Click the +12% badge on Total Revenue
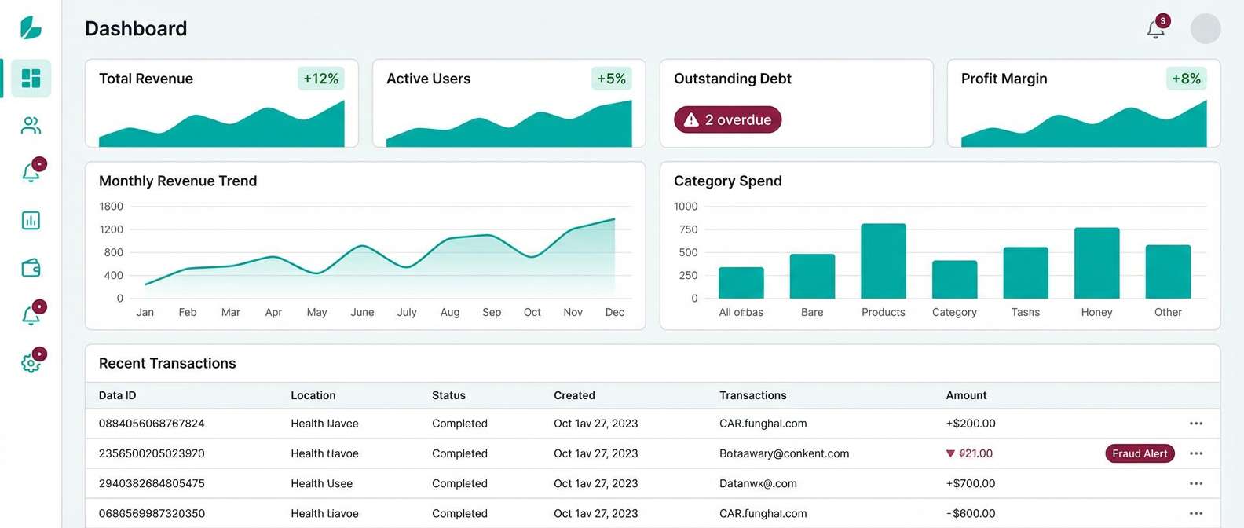[x=320, y=79]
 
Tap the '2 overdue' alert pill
[x=727, y=119]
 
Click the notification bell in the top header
[x=1155, y=29]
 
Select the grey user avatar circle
[x=1205, y=29]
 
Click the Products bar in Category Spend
[x=883, y=261]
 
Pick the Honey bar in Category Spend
[x=1096, y=262]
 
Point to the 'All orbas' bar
[x=741, y=283]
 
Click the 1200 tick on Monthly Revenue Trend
[x=111, y=229]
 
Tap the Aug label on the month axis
[x=450, y=312]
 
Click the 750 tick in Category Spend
[x=688, y=229]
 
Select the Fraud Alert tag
[x=1140, y=453]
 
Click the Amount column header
[x=966, y=395]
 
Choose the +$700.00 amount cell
[x=970, y=483]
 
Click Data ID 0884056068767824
[x=152, y=423]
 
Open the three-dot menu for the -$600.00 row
[x=1195, y=513]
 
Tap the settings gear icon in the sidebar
[x=31, y=363]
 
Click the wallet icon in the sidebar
[x=31, y=268]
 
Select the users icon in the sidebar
[x=31, y=126]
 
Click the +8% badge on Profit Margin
[x=1186, y=79]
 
